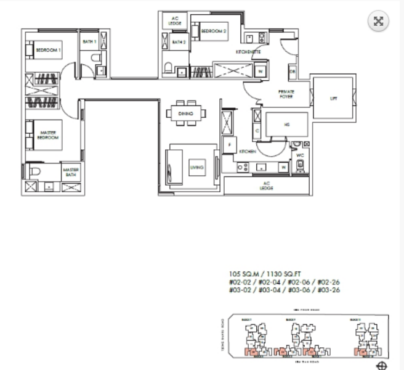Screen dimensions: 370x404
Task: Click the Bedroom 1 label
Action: point(47,51)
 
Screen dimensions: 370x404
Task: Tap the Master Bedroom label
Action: point(49,136)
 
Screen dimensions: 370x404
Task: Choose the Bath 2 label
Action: point(179,43)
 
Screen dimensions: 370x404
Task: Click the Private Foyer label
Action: point(286,93)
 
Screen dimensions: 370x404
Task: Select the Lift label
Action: point(334,98)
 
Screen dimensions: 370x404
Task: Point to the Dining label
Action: point(185,114)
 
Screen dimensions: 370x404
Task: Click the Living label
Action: point(196,167)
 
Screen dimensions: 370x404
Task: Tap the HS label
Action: point(286,123)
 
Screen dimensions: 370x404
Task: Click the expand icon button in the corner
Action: point(379,22)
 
